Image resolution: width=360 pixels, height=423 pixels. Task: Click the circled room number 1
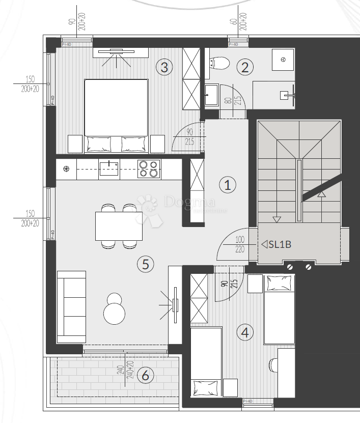(228, 185)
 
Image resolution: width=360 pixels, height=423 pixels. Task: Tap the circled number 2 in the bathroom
(245, 67)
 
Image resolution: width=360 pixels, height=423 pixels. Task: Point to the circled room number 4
(245, 332)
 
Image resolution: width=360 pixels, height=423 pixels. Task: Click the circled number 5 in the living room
(145, 264)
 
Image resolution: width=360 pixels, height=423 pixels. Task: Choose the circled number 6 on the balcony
(146, 376)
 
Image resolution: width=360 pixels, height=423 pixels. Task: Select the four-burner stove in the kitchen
(149, 168)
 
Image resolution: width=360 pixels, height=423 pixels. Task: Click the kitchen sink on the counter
(109, 168)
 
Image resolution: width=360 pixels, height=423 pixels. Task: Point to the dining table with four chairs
(119, 226)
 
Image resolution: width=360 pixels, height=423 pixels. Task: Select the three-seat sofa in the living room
(71, 306)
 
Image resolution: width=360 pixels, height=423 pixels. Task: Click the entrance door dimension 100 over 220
(240, 244)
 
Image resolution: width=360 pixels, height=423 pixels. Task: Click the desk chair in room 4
(272, 364)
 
